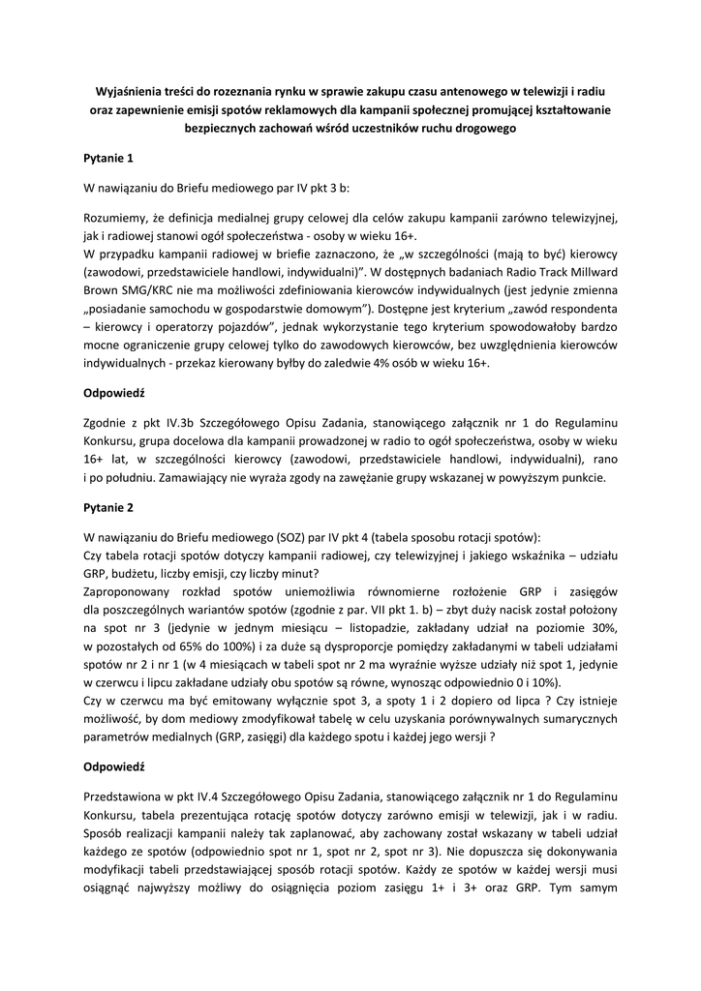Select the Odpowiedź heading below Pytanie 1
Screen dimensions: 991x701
[x=113, y=395]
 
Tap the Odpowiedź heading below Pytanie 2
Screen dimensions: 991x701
[x=113, y=766]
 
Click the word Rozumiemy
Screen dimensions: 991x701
[x=117, y=217]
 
